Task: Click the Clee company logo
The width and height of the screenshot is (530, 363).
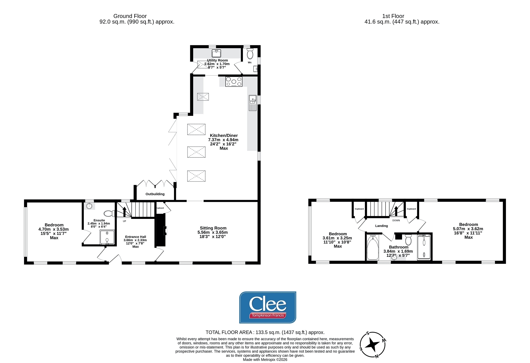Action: (267, 307)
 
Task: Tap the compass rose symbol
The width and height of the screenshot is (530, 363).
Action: (373, 345)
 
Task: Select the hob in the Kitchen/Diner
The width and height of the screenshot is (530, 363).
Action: (234, 81)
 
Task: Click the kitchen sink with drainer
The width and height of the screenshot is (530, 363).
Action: (253, 103)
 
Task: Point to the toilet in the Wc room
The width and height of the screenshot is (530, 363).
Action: (250, 53)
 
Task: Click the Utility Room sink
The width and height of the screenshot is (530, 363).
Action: (216, 53)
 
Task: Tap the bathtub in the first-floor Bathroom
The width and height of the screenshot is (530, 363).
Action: (373, 247)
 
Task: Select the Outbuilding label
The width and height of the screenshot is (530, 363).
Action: (155, 194)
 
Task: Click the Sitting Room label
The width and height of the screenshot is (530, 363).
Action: (213, 228)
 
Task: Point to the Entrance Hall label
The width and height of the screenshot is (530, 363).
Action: (136, 237)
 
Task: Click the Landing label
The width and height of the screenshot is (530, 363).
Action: (382, 226)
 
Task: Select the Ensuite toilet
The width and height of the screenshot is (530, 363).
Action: (110, 213)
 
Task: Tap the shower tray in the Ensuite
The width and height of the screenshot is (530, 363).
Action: (107, 237)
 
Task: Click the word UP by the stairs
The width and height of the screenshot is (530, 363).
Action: (125, 221)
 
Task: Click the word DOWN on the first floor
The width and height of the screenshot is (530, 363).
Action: (396, 220)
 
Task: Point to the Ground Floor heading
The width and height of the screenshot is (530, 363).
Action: (130, 16)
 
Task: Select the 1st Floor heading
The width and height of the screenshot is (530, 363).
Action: (393, 16)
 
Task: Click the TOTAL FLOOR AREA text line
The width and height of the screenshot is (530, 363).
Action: (265, 332)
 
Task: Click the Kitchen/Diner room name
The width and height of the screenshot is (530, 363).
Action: (224, 135)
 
